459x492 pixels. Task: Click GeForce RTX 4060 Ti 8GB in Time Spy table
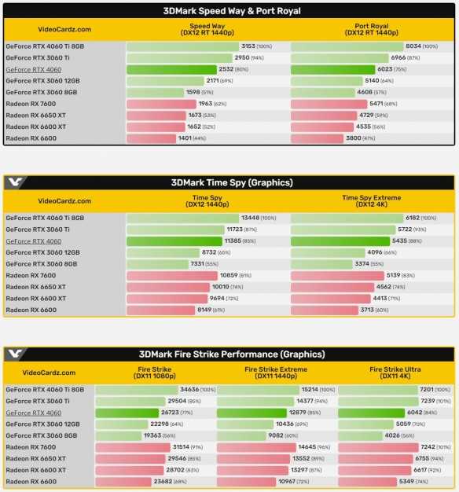click(x=45, y=218)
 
